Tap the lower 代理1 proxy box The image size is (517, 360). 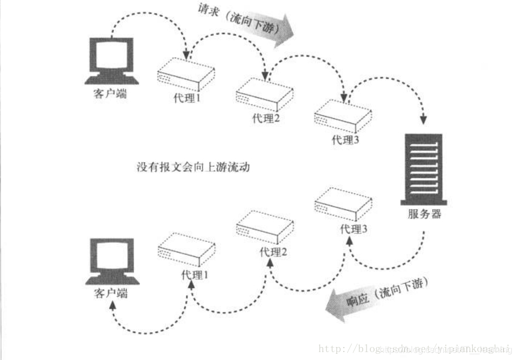pyautogui.click(x=186, y=249)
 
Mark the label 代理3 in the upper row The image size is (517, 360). pyautogui.click(x=345, y=140)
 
